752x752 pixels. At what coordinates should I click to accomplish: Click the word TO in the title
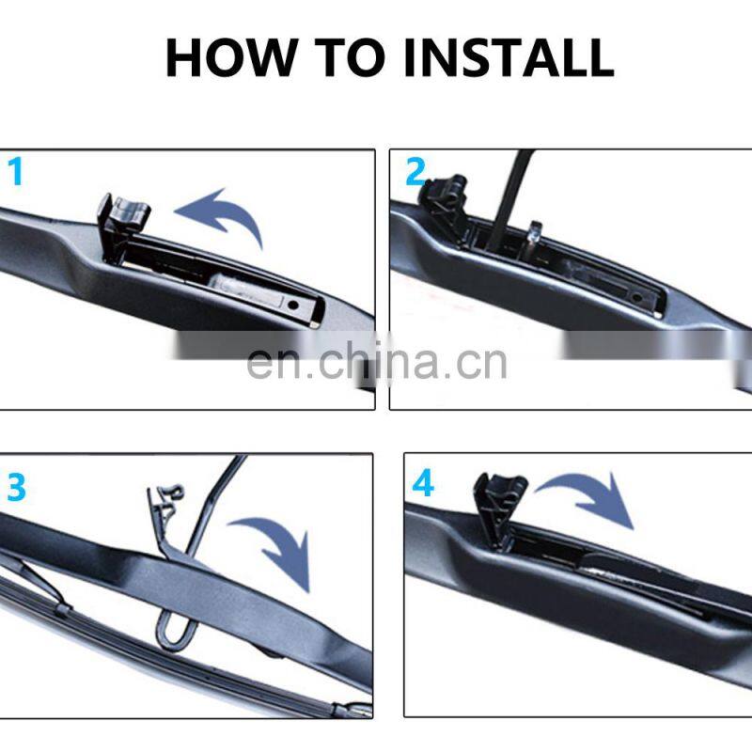click(350, 57)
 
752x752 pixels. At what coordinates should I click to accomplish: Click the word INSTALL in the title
click(509, 57)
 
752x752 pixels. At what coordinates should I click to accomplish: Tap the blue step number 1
click(16, 172)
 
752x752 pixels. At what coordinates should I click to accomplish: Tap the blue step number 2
click(415, 171)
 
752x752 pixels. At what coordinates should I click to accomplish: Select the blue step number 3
click(16, 487)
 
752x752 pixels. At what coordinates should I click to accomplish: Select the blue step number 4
click(423, 483)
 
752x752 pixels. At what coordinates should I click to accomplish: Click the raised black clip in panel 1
click(122, 226)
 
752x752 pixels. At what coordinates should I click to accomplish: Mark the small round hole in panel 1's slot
click(293, 305)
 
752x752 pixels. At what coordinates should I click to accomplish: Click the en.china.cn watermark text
click(377, 363)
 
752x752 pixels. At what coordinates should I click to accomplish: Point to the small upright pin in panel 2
click(534, 236)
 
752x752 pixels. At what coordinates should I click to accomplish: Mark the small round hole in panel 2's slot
click(637, 298)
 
